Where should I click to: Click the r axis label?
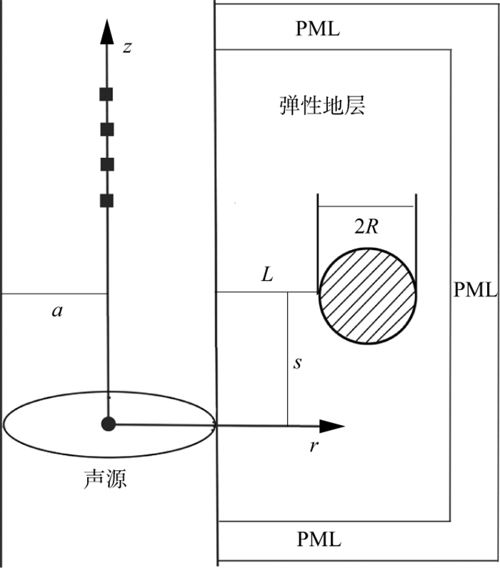point(312,447)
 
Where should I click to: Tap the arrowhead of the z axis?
point(107,31)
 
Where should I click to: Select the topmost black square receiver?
point(107,94)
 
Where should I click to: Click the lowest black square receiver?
point(107,200)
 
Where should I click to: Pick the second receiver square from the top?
point(107,129)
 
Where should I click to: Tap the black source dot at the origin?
point(108,424)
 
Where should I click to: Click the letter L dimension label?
point(267,275)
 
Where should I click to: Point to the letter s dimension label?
point(298,363)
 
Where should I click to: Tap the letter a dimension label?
point(56,311)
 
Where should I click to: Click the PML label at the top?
point(318,29)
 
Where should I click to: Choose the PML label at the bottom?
point(318,538)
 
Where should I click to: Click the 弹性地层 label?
point(321,107)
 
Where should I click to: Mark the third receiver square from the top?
point(107,164)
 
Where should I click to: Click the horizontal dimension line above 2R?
point(366,206)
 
